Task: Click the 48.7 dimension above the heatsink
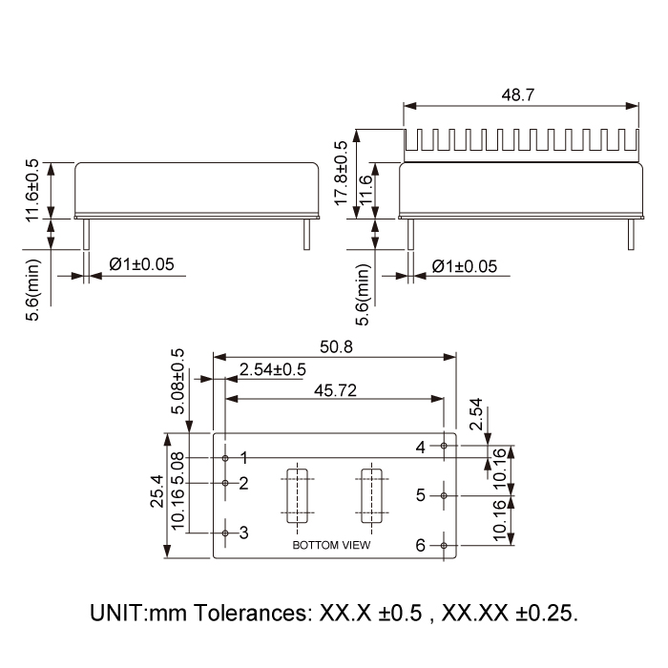click(519, 94)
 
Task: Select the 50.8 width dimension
click(335, 347)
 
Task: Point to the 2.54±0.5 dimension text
click(273, 369)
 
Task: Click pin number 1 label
click(244, 458)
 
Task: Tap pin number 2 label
click(244, 483)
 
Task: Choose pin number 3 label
click(244, 532)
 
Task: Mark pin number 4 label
click(421, 446)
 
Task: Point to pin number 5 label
click(421, 495)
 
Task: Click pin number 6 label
click(421, 545)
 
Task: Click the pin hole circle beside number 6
click(445, 545)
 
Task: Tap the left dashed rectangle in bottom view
click(296, 495)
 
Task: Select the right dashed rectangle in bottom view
click(369, 495)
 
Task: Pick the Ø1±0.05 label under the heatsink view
click(465, 267)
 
